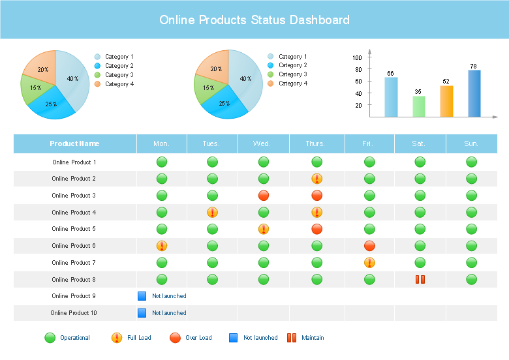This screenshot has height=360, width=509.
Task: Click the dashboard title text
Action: pos(254,20)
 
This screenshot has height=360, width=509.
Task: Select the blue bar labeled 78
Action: pos(474,93)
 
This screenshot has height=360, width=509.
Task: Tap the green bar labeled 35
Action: pos(419,106)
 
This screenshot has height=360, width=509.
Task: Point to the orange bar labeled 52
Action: pos(446,101)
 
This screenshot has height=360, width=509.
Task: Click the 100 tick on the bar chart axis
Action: pos(357,58)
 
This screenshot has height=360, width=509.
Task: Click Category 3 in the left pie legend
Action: pos(119,75)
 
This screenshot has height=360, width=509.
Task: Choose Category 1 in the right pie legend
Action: pos(292,57)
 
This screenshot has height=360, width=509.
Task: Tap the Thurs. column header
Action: pos(317,143)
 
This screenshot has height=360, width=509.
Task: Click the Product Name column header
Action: pos(74,143)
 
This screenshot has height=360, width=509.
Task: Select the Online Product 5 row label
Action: pos(74,229)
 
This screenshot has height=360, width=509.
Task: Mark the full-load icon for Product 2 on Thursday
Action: pos(317,179)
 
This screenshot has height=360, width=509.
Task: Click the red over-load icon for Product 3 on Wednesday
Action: pos(264,196)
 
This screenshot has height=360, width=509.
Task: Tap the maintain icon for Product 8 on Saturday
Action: pos(420,279)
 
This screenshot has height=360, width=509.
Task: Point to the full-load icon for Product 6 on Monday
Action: pos(162,246)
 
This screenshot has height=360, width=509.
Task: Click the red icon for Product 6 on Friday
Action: pos(369,246)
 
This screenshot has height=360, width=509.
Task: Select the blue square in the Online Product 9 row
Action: pos(142,296)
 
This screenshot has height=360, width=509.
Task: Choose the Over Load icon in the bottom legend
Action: pos(175,338)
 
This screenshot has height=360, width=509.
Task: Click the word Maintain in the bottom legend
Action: pos(313,338)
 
